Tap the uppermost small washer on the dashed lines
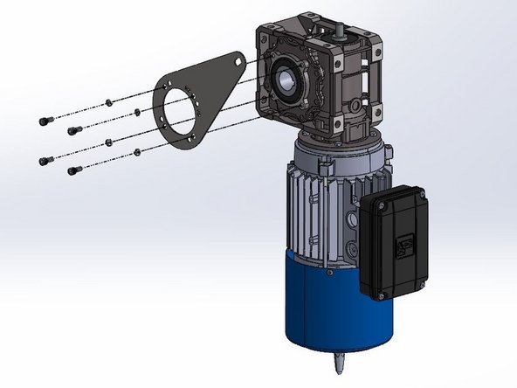click(107, 102)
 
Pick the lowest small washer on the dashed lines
click(137, 153)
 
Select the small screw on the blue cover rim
click(328, 272)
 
